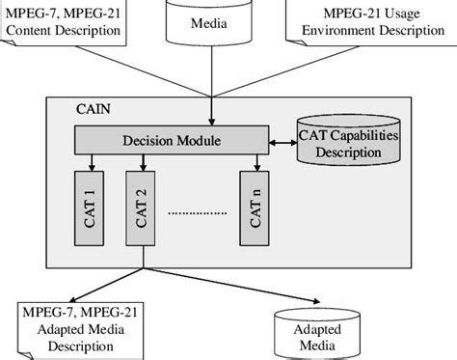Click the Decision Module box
tap(172, 142)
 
